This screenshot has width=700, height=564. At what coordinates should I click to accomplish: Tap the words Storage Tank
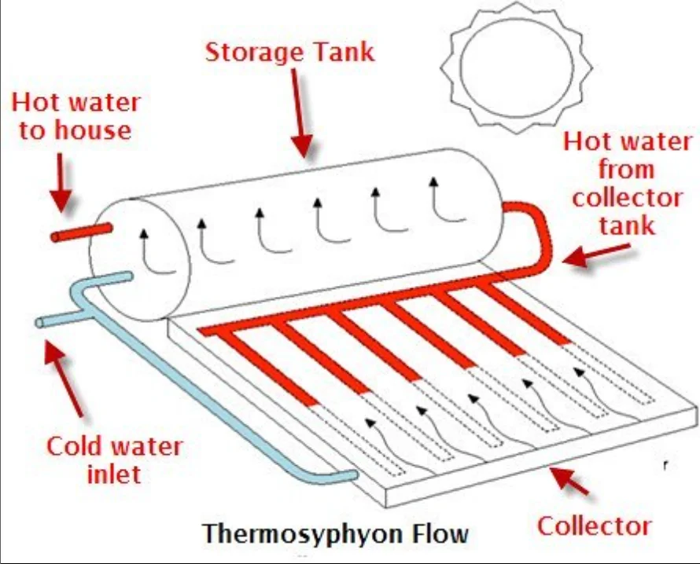pos(289,53)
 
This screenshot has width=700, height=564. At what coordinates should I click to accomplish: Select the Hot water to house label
pos(76,115)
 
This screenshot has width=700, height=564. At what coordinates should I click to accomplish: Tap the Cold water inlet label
pos(113,460)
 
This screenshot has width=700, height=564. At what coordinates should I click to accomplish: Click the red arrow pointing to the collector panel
pos(570,478)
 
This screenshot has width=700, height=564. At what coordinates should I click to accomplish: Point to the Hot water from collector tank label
pos(626,183)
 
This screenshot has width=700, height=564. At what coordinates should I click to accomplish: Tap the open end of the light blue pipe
pos(41,323)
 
